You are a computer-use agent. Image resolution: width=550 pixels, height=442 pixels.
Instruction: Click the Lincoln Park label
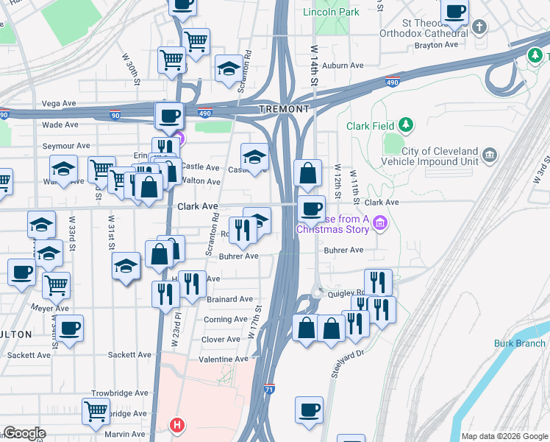click(x=331, y=13)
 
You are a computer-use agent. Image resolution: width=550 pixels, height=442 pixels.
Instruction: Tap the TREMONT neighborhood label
click(x=284, y=109)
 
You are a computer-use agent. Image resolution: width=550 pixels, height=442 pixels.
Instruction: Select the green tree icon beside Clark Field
click(x=405, y=126)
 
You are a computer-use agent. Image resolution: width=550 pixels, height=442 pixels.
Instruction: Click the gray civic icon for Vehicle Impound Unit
click(x=490, y=155)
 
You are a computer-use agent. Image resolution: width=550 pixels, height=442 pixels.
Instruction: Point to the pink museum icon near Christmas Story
click(x=379, y=222)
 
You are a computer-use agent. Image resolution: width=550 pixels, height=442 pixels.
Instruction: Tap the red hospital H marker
click(x=176, y=425)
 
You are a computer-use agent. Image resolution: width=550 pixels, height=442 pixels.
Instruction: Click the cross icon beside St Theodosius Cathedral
click(x=479, y=28)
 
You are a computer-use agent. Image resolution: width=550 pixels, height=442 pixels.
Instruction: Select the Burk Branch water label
click(x=520, y=343)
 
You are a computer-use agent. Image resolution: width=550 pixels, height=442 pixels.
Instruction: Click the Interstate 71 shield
click(x=270, y=387)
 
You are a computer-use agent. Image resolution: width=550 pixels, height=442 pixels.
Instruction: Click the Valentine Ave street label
click(x=224, y=359)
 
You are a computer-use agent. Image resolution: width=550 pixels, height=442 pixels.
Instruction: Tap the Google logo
click(x=24, y=434)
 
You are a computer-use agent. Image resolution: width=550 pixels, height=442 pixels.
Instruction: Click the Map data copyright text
click(x=504, y=436)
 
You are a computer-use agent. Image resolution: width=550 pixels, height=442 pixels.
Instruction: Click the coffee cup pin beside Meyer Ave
click(x=71, y=328)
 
